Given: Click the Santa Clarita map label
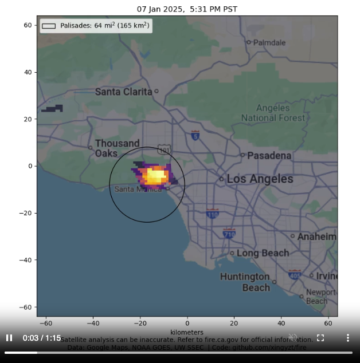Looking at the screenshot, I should point(123,92).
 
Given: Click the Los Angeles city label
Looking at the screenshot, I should point(260,179).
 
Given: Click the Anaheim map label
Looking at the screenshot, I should point(316,236).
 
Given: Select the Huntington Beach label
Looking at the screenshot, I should point(245,282).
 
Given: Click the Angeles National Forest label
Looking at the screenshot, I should point(273,113).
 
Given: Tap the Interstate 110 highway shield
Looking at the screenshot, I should point(213,214).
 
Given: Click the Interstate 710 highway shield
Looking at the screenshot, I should point(229,233).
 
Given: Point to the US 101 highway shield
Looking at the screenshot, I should point(164,150).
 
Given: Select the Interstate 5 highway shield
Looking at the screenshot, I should point(195,135).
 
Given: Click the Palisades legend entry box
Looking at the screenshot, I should point(49,26).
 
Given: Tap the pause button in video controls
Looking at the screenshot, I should point(9,338).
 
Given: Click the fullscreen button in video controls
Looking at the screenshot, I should point(320,338).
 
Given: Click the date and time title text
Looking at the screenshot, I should point(187,9).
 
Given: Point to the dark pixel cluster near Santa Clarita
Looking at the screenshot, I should point(52,109).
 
